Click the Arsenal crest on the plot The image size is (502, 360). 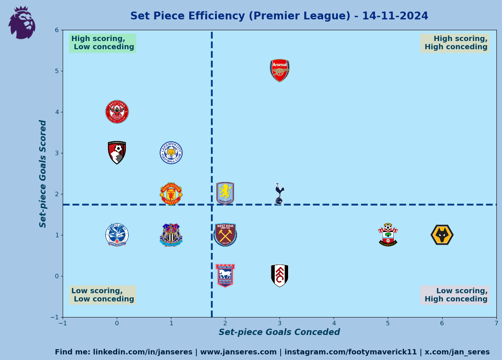click(x=280, y=70)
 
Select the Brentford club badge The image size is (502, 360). click(x=117, y=112)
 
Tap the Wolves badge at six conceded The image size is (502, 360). click(x=442, y=235)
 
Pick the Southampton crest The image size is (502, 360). click(x=388, y=235)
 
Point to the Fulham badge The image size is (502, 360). click(x=280, y=276)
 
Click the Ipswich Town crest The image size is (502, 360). click(x=225, y=276)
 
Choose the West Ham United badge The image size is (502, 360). click(x=225, y=235)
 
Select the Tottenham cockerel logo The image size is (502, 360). click(x=279, y=194)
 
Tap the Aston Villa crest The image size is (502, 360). click(x=225, y=193)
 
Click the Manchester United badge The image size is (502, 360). click(x=171, y=194)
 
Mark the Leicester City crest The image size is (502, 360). click(x=171, y=153)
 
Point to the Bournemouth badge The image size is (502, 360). click(x=117, y=153)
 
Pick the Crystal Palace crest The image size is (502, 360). click(x=117, y=235)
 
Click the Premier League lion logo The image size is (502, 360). click(x=22, y=23)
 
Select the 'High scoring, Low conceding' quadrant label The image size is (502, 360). click(x=103, y=43)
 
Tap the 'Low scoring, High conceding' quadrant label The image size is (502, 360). click(x=455, y=295)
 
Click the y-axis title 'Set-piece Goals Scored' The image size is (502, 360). click(x=43, y=173)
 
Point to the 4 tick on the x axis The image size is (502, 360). click(x=334, y=323)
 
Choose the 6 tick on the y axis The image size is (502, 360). click(x=57, y=30)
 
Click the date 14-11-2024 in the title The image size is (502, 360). click(x=395, y=16)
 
